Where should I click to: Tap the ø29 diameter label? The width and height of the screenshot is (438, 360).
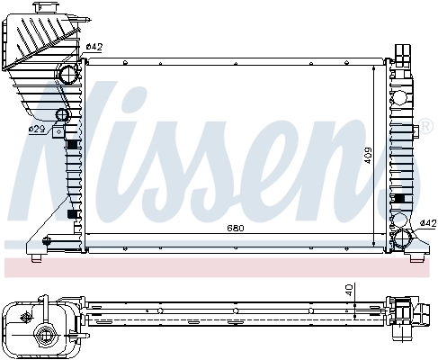(37, 129)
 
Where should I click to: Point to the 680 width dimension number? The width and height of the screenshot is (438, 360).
(234, 227)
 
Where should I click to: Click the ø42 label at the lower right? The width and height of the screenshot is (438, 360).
(428, 223)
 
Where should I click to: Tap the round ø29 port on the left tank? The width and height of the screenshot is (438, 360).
(62, 116)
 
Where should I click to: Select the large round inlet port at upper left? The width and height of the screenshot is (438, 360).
(69, 74)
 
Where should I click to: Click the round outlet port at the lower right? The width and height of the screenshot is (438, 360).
(402, 238)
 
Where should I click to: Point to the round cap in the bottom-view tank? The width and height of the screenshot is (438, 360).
(42, 337)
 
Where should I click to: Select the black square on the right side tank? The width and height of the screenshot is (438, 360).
(399, 199)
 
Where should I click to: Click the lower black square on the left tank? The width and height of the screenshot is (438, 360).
(72, 217)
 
